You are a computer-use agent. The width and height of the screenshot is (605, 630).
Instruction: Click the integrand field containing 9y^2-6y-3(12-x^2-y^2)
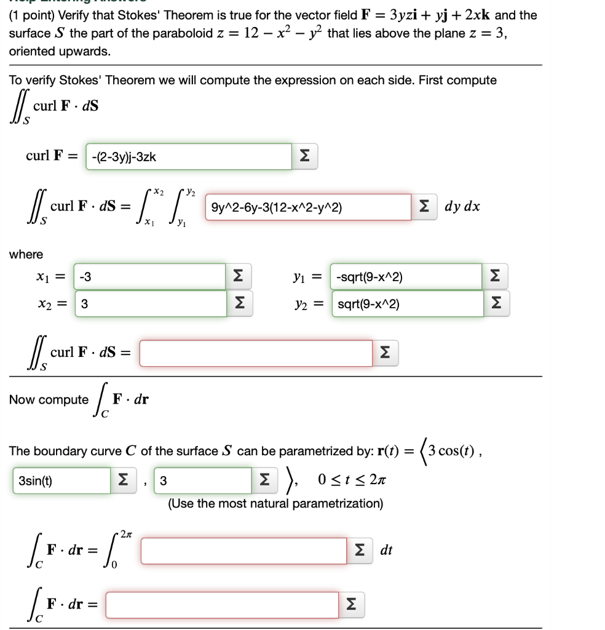tap(307, 207)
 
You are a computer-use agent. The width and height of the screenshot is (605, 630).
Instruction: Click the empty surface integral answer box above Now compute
tap(256, 353)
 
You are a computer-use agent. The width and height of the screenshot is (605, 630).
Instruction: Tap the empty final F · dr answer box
tap(221, 605)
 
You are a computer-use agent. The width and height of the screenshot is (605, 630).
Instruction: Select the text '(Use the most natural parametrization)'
tap(275, 504)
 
